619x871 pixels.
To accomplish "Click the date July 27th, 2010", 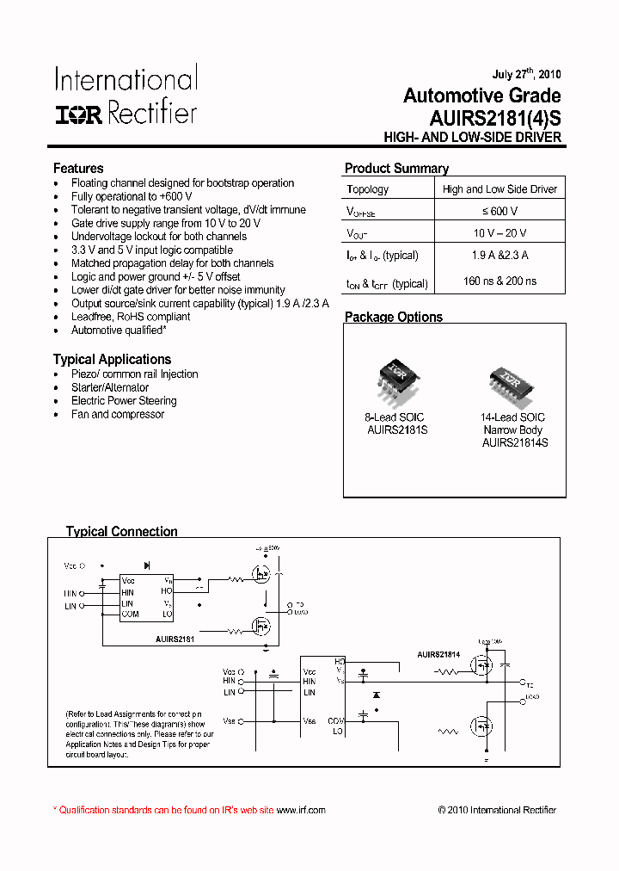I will [x=526, y=75].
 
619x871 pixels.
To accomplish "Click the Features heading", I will [x=78, y=169].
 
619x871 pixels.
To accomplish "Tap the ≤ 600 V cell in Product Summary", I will [x=499, y=211].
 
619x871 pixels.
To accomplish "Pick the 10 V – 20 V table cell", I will [x=499, y=233].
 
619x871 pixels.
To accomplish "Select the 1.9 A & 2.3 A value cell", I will [x=499, y=256].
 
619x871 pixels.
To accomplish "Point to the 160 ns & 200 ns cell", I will [x=499, y=281].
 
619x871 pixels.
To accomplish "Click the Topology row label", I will [x=368, y=189].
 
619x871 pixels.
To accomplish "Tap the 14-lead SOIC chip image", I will [x=512, y=380].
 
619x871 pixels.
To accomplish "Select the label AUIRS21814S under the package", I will [x=514, y=442].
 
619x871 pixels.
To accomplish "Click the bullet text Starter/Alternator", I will [x=110, y=387].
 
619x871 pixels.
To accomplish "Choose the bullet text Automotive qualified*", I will [x=119, y=330].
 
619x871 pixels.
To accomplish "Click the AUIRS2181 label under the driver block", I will [x=175, y=639].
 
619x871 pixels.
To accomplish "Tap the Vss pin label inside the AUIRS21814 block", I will [x=309, y=720].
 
